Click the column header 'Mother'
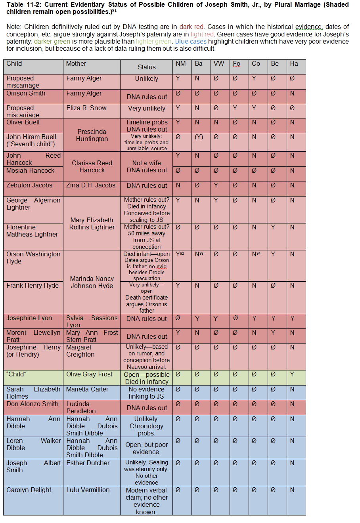pos(76,64)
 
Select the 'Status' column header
pos(147,67)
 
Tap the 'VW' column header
pos(219,64)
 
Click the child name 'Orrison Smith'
pos(26,94)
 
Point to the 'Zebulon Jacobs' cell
pos(29,185)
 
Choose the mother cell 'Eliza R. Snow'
pos(86,108)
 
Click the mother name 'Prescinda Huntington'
pos(92,135)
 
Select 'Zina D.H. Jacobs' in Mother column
pos(91,185)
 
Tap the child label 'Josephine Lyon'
pos(29,318)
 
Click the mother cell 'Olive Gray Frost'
pos(89,374)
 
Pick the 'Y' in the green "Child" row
pos(292,374)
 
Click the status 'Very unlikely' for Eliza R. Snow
pos(147,109)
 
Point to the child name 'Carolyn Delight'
pos(29,490)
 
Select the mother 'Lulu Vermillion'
pos(88,490)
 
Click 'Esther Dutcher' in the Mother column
pos(88,463)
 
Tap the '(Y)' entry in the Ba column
pos(199,137)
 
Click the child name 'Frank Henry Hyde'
pos(33,286)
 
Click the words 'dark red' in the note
pos(191,27)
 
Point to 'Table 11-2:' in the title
pos(24,5)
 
